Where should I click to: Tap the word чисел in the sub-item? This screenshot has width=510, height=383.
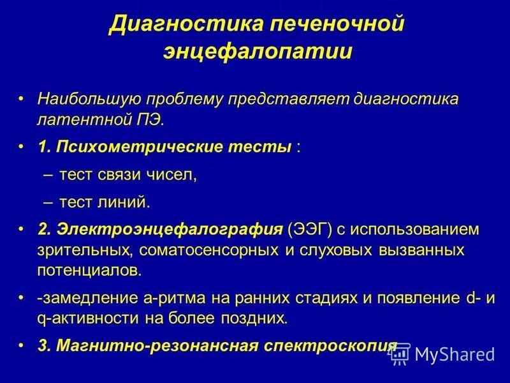[x=173, y=176]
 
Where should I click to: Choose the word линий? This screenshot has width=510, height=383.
[x=127, y=202]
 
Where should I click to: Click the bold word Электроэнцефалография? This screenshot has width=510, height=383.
[x=169, y=229]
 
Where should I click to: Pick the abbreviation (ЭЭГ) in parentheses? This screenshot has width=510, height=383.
[x=310, y=229]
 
